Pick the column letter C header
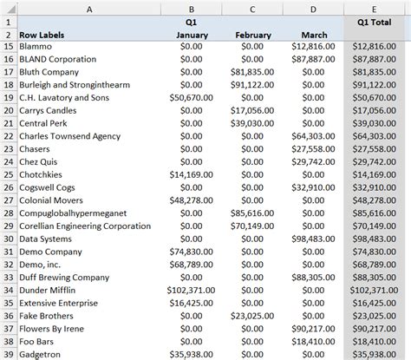pyautogui.click(x=251, y=5)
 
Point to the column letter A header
pyautogui.click(x=90, y=5)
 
